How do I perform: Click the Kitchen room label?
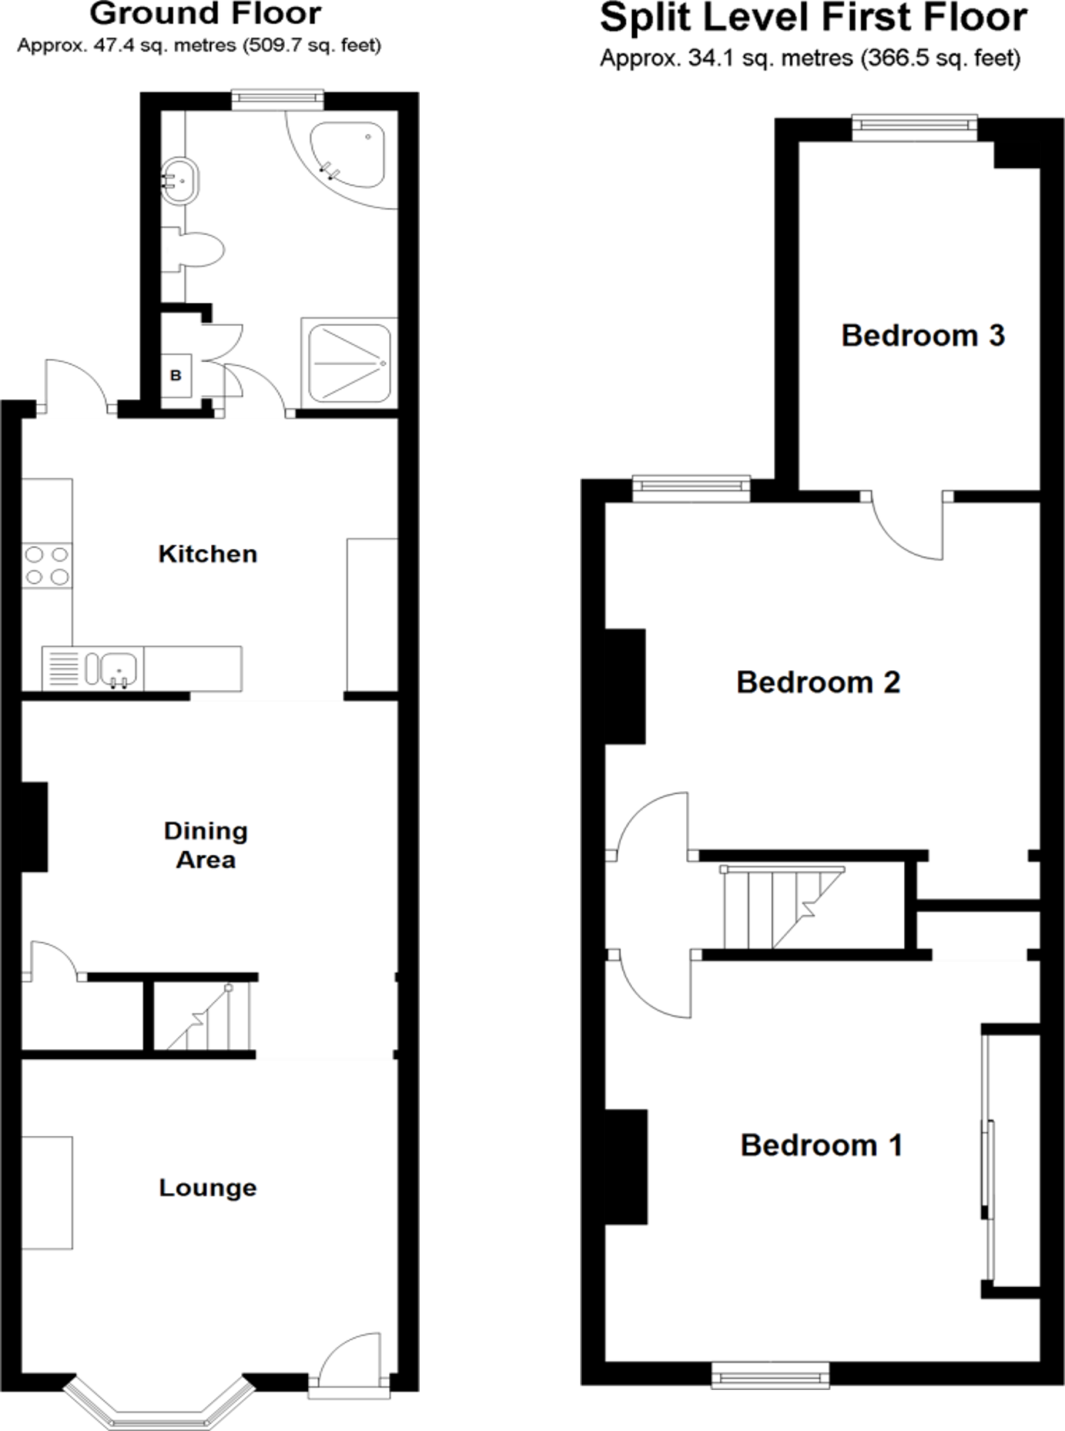[x=207, y=554]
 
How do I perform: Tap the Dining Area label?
[x=205, y=845]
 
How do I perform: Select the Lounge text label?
[x=207, y=1187]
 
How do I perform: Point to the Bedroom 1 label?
[x=821, y=1145]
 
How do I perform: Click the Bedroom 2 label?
[x=818, y=682]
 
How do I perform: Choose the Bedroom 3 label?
[x=923, y=335]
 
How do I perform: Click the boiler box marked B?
[x=176, y=376]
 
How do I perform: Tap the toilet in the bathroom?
[x=201, y=249]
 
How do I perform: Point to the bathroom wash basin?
[x=180, y=181]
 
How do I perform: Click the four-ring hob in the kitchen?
[x=47, y=565]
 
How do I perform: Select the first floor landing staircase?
[x=782, y=907]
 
